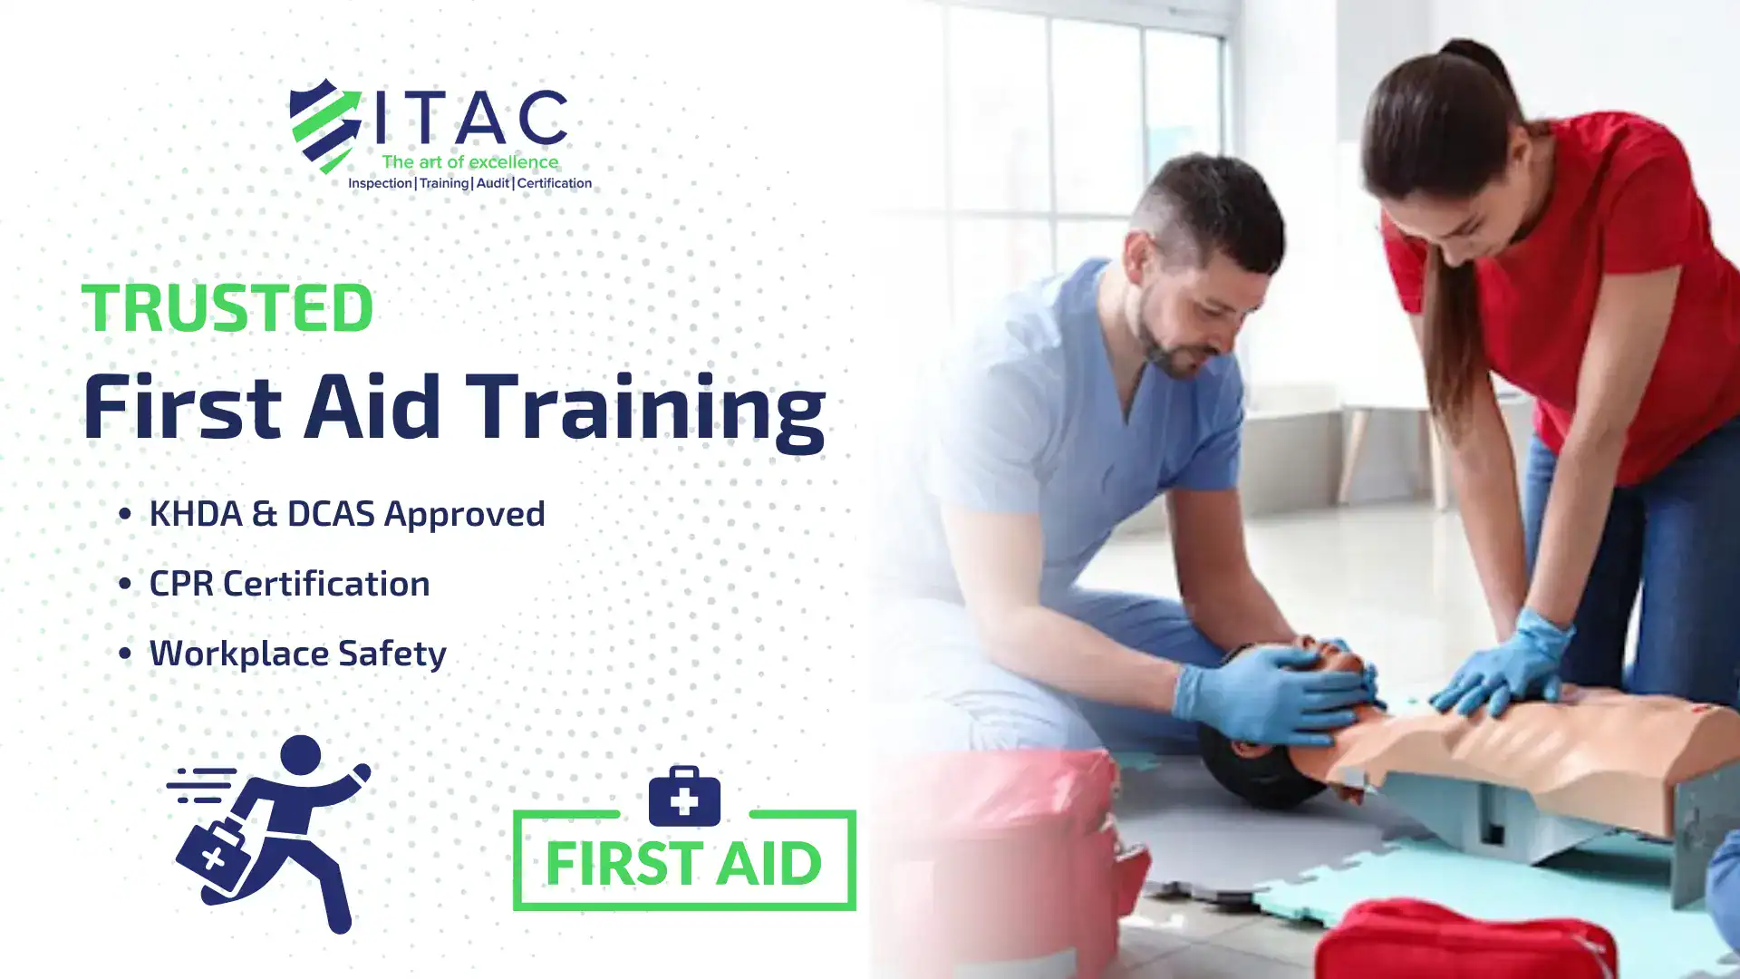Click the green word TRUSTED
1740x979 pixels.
(227, 307)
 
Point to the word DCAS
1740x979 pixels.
(331, 513)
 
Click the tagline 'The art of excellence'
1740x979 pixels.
(470, 162)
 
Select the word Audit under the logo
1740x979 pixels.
(493, 183)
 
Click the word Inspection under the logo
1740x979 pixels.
(380, 183)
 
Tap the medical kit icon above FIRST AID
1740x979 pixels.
(684, 796)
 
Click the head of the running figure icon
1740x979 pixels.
(301, 754)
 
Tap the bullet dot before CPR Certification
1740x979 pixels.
(125, 584)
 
